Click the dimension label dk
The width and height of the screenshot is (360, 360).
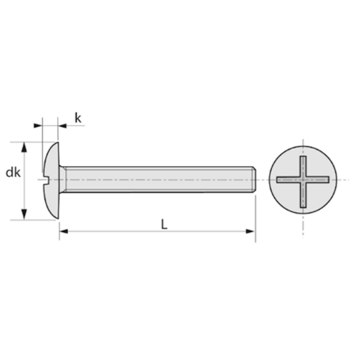pyautogui.click(x=13, y=173)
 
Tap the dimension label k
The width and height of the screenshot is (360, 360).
pyautogui.click(x=78, y=118)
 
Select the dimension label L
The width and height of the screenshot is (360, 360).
pyautogui.click(x=164, y=224)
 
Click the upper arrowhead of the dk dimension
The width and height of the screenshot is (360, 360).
pyautogui.click(x=25, y=146)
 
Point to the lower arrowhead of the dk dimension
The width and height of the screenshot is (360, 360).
pyautogui.click(x=25, y=215)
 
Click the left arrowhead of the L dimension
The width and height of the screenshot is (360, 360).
pyautogui.click(x=63, y=230)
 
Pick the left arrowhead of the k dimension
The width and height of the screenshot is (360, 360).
pyautogui.click(x=38, y=125)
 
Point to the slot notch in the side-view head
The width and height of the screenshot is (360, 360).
pyautogui.click(x=47, y=179)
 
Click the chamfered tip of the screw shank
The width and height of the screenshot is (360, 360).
pyautogui.click(x=255, y=179)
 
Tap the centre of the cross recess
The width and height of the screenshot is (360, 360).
pyautogui.click(x=303, y=179)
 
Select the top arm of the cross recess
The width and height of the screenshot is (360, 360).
pyautogui.click(x=303, y=165)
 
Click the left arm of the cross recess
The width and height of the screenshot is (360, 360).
pyautogui.click(x=287, y=179)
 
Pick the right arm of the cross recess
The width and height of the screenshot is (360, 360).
pyautogui.click(x=319, y=179)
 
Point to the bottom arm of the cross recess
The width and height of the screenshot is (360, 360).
pyautogui.click(x=303, y=195)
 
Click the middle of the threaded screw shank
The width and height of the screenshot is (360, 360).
pyautogui.click(x=159, y=179)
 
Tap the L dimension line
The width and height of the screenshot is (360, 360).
pyautogui.click(x=120, y=230)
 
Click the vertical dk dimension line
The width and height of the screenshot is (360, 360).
pyautogui.click(x=25, y=192)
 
